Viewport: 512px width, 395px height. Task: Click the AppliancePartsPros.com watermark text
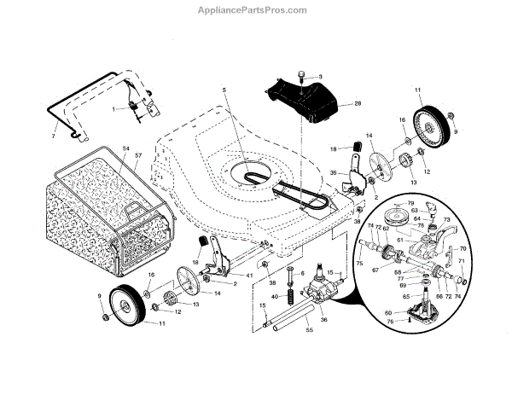coord(256,10)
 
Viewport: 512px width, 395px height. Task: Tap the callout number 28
coord(357,104)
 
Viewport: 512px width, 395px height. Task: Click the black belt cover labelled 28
coord(303,99)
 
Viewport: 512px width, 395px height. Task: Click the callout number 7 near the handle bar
coord(54,136)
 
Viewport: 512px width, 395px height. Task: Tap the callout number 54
coord(126,149)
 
